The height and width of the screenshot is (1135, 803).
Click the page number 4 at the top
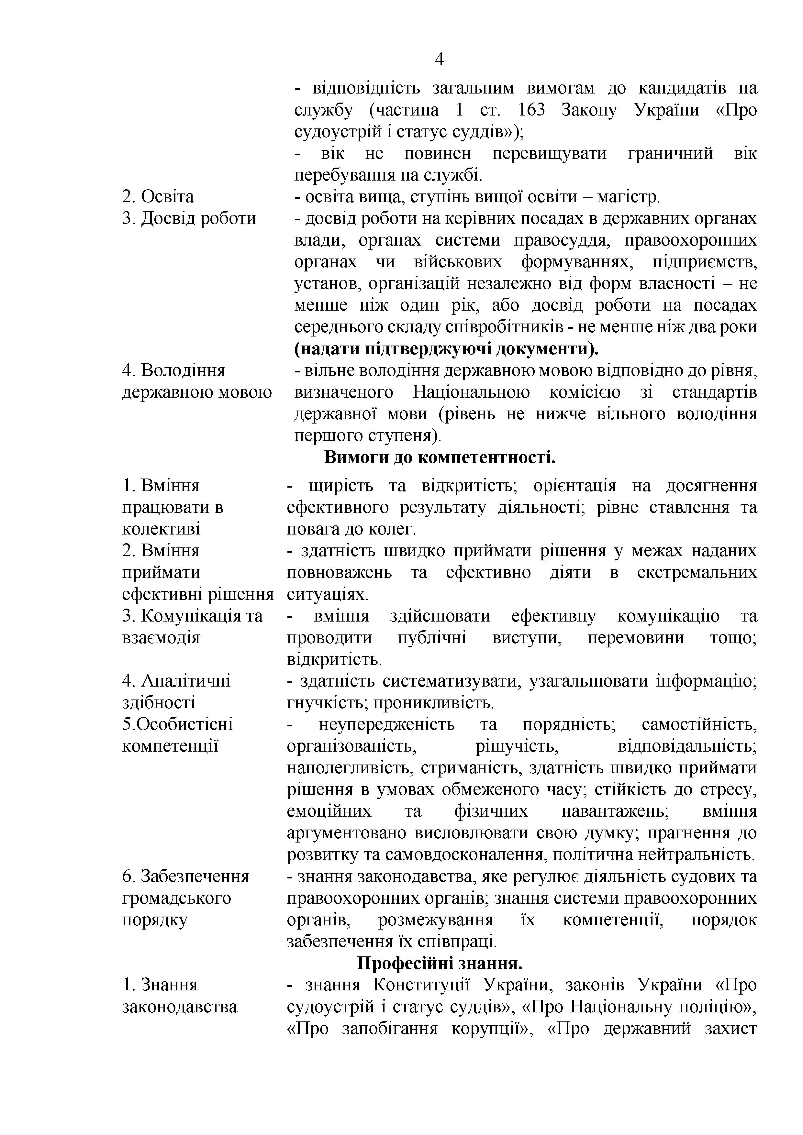click(439, 59)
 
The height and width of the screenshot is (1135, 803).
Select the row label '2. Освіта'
click(158, 197)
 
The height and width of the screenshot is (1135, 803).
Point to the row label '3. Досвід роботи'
click(189, 218)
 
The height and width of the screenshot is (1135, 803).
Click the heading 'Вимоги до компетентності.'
click(440, 457)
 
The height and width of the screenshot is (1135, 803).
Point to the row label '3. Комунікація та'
click(192, 616)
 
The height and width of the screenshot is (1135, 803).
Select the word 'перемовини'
click(635, 638)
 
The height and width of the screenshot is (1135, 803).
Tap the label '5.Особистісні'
click(177, 725)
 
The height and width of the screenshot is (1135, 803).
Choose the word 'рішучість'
click(517, 746)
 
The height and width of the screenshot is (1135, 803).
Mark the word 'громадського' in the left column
click(176, 898)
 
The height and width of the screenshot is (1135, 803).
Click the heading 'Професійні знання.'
click(440, 964)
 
